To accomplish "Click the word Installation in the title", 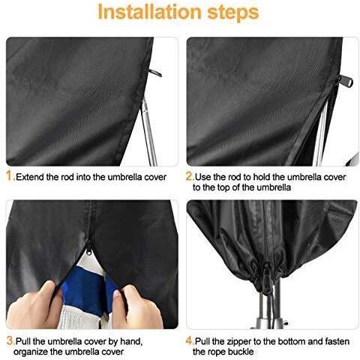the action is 149,12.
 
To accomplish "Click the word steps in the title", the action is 233,13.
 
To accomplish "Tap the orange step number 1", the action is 10,175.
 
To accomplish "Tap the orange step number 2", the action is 189,175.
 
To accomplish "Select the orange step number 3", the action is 10,340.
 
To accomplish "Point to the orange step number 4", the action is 190,340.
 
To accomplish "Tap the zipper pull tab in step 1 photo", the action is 155,73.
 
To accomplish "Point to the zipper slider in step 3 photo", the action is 89,249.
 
